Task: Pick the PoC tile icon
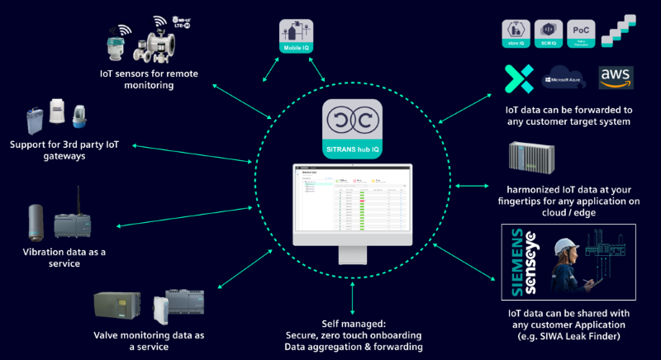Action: (x=584, y=33)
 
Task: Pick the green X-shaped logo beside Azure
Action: (x=520, y=80)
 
